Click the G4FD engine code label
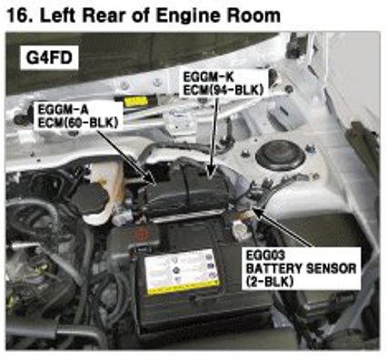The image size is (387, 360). (x=49, y=57)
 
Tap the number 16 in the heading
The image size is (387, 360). (x=19, y=15)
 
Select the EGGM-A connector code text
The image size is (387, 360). (x=63, y=109)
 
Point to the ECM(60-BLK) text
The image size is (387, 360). (x=77, y=122)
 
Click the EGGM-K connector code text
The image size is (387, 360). (x=208, y=77)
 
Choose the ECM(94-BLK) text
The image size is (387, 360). (x=223, y=90)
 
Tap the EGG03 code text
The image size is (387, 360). (x=265, y=255)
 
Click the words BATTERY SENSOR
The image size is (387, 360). (x=301, y=268)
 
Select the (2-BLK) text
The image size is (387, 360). (x=270, y=282)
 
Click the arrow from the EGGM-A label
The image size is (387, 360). (x=126, y=157)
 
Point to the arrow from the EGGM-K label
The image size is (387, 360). (x=213, y=136)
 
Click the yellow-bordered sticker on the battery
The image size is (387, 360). (x=182, y=273)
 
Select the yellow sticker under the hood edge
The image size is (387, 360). (x=137, y=102)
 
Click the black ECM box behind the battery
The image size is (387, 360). (x=187, y=192)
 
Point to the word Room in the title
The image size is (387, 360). (x=254, y=15)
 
